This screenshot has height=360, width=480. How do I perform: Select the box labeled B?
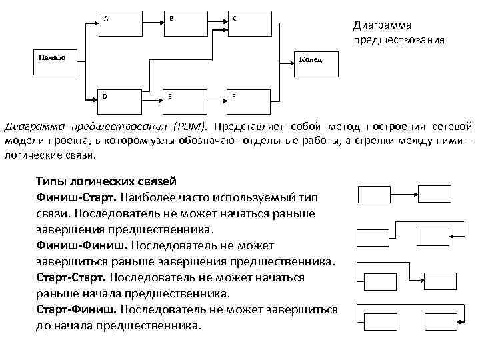[185, 24]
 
